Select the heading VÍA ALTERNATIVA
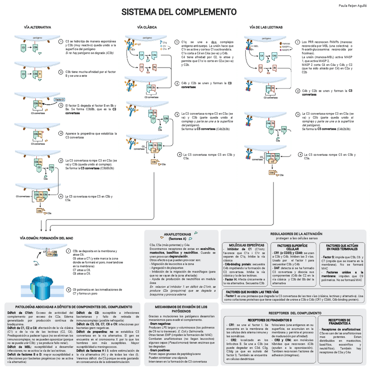point(38,27)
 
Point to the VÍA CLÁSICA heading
point(147,27)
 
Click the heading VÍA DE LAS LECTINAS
point(266,27)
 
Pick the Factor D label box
point(59,99)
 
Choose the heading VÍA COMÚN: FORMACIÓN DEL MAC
point(49,238)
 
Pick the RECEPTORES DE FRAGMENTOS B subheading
point(270,320)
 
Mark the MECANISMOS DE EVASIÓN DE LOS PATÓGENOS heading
point(181,309)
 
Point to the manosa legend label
point(286,44)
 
